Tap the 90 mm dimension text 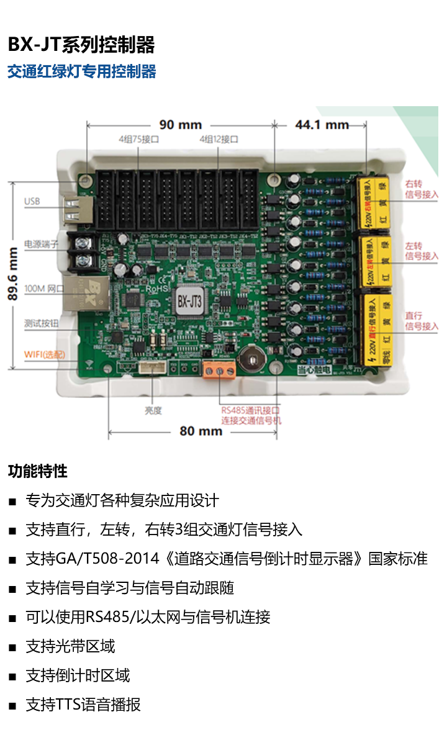click(x=180, y=125)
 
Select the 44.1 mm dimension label click(x=322, y=125)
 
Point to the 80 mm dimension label click(x=201, y=431)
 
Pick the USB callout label click(x=32, y=202)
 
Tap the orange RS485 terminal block click(x=219, y=371)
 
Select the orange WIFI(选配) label click(x=43, y=354)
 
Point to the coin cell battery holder click(x=252, y=358)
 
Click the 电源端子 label click(x=41, y=244)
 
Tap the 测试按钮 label click(x=41, y=323)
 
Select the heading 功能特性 click(x=37, y=471)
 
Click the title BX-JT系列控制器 click(x=81, y=45)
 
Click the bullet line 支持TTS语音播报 click(x=83, y=705)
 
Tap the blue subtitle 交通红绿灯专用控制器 click(x=81, y=71)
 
